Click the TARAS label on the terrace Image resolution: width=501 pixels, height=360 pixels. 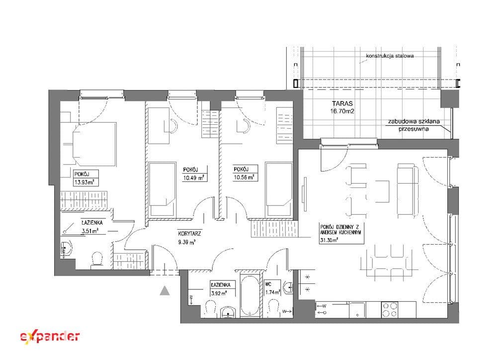342,103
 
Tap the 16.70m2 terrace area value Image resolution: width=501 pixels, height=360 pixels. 342,111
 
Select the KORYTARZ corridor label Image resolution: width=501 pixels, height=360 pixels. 189,234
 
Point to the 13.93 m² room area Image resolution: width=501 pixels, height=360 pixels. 84,182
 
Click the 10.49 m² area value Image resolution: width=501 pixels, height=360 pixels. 194,178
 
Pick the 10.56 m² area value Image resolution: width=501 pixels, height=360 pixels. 244,177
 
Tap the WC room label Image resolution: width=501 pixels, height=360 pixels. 268,283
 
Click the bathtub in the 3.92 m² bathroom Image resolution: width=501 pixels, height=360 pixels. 250,295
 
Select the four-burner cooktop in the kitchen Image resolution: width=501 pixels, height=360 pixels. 390,309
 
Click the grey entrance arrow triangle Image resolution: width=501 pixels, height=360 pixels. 165,290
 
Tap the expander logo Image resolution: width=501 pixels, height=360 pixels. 50,337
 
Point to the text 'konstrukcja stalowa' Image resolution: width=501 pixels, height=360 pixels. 390,56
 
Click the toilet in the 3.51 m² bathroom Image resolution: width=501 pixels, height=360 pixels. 96,259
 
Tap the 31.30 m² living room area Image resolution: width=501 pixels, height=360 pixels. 329,241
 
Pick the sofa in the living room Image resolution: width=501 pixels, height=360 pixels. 408,190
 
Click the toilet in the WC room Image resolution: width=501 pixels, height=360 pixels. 273,308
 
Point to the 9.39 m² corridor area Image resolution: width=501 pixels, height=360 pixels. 187,242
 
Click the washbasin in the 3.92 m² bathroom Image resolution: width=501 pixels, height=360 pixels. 228,312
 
